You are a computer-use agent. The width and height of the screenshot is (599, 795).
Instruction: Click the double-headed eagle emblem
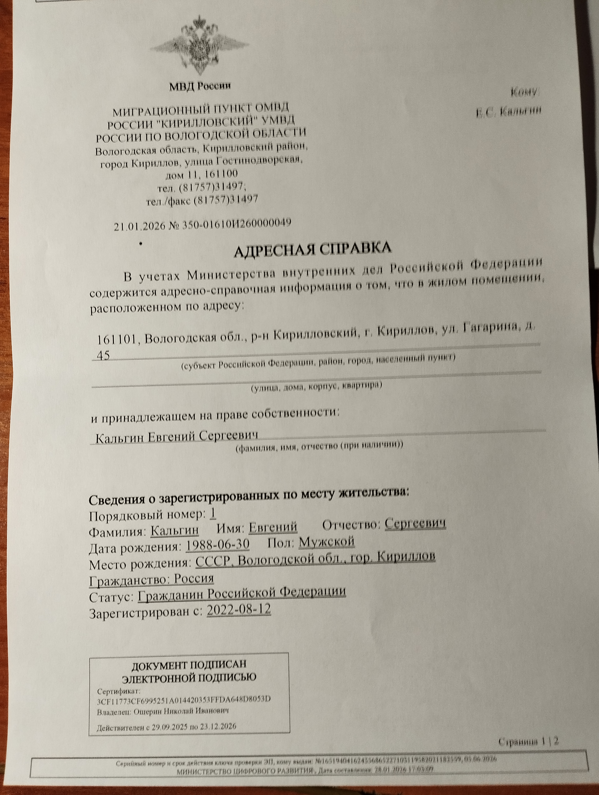[x=199, y=47]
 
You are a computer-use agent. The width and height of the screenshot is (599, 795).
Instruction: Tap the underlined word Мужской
[x=326, y=542]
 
